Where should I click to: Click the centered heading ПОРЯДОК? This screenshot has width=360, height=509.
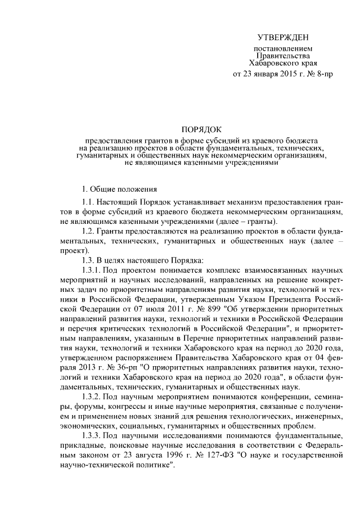[201, 128]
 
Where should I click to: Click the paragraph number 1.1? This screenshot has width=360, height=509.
[88, 202]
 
